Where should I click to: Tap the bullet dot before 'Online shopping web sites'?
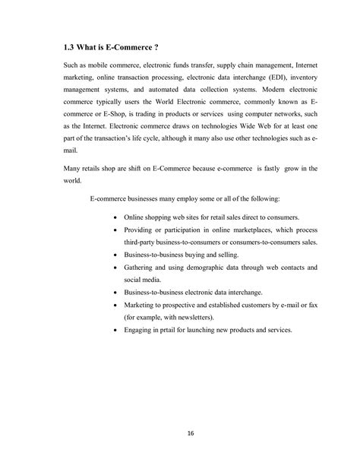pyautogui.click(x=114, y=217)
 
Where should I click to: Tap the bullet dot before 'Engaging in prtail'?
pyautogui.click(x=114, y=331)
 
